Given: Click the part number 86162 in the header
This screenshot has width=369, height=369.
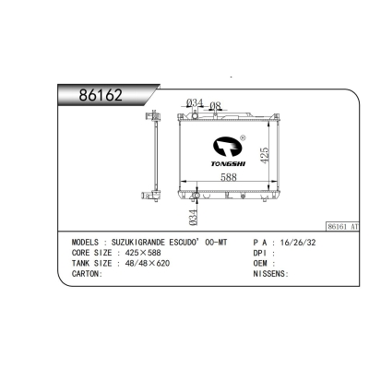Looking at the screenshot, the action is pos(101,95).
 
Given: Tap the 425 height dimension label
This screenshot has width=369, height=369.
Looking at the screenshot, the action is pos(265,155).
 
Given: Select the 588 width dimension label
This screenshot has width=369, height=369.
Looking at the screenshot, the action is pos(229,177).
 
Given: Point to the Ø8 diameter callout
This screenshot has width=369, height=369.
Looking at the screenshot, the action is pos(215,105).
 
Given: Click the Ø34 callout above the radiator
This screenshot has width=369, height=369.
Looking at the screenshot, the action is pos(195,102).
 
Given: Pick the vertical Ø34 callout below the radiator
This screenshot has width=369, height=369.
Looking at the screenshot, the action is pos(193,218).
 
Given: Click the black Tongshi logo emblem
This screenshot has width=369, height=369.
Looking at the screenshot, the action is pos(228,147).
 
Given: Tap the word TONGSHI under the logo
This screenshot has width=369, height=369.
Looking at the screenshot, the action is pos(228,164).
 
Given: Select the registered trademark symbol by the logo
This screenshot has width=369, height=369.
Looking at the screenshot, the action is pos(243,137).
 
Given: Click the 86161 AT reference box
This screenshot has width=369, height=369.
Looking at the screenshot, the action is pos(342,227).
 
